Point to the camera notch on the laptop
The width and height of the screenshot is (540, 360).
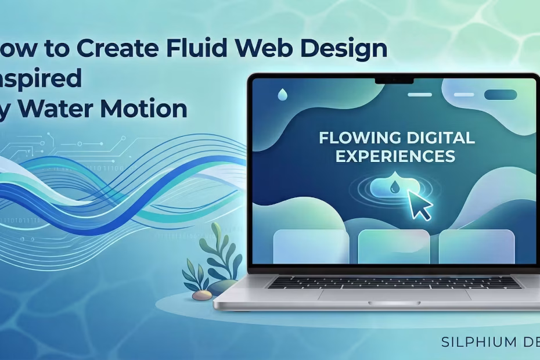coord(394,79)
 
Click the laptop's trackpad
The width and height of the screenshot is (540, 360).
coord(394,295)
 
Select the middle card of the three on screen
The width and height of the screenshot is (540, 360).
coord(394,247)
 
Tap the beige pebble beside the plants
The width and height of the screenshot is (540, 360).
coord(202,295)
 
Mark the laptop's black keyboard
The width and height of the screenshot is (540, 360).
coord(394,282)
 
